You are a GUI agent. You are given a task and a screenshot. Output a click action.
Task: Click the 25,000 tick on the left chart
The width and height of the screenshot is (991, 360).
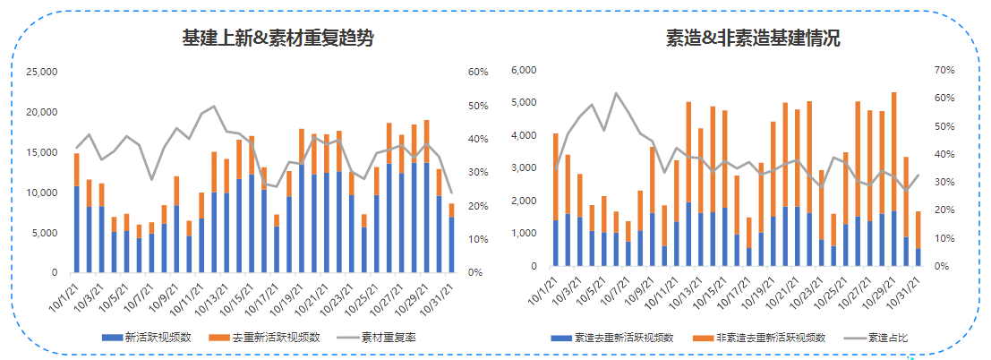pos(42,73)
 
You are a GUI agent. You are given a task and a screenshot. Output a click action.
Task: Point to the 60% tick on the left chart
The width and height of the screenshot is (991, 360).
pos(476,73)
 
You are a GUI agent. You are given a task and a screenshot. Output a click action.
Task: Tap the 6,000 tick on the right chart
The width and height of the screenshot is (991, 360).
pos(523,70)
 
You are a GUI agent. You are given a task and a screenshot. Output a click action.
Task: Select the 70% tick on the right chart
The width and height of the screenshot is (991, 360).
pos(944,70)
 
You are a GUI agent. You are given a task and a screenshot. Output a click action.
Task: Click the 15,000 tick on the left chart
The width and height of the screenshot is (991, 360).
pos(42,152)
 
